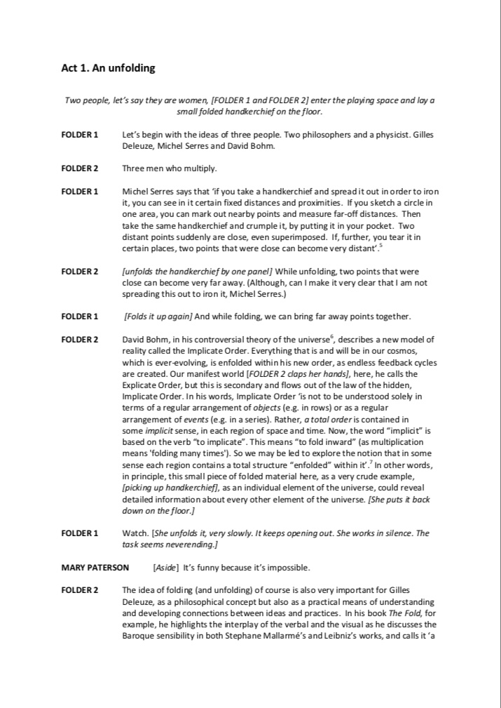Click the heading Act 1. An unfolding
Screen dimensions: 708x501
(108, 68)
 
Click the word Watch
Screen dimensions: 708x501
(135, 533)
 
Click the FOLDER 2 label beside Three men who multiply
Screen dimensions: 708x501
(79, 168)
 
